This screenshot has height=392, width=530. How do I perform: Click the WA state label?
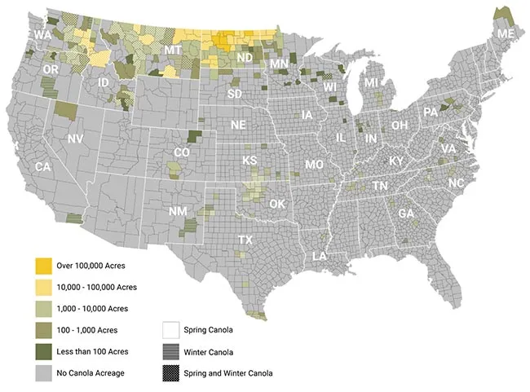[x=42, y=36]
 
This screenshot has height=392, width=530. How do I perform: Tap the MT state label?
[x=173, y=51]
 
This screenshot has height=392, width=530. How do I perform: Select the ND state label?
[x=244, y=59]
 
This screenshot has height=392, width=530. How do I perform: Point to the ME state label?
[x=506, y=33]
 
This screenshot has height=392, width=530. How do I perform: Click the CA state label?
[x=43, y=166]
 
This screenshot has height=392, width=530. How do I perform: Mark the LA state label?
[x=320, y=257]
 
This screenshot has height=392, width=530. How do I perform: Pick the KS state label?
[x=250, y=161]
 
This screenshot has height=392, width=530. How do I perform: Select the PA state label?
[x=430, y=112]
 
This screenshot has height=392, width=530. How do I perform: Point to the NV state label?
[x=75, y=139]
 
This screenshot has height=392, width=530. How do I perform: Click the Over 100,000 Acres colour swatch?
[x=42, y=266]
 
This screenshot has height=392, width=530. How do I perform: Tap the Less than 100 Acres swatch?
[x=42, y=351]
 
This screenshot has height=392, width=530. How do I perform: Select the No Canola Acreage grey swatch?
[x=42, y=372]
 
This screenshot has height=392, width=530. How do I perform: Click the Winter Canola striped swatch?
[x=170, y=351]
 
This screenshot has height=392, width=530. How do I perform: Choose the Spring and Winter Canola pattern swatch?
[x=170, y=372]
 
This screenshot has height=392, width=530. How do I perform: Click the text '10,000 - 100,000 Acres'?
[x=96, y=287]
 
